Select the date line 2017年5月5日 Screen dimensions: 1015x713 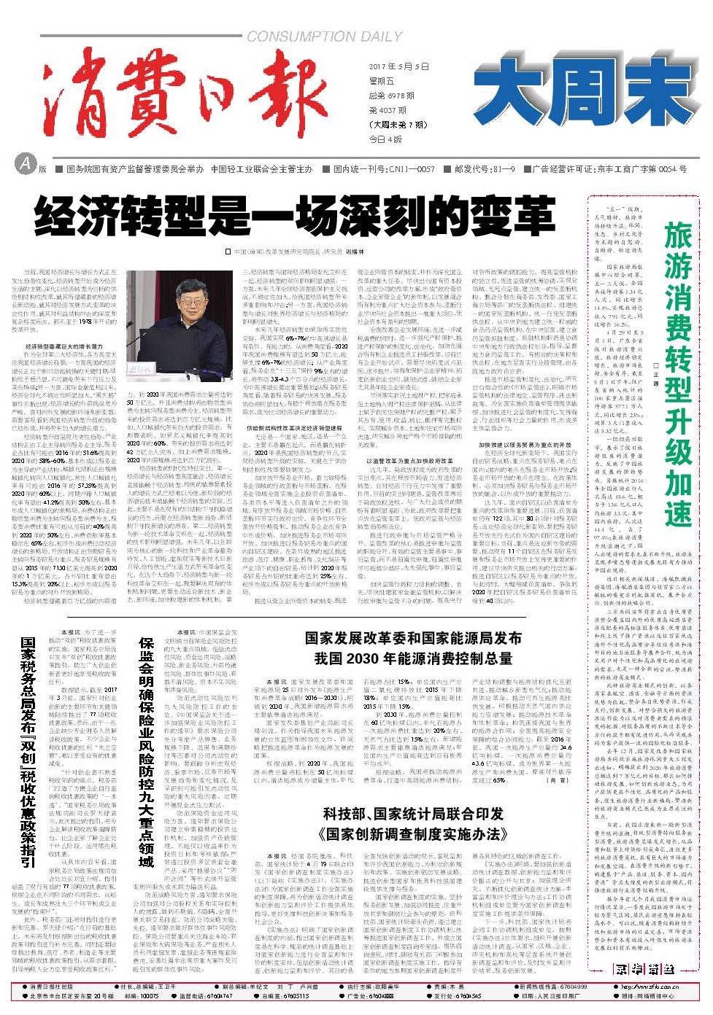398,66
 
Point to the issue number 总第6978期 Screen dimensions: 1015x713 391,96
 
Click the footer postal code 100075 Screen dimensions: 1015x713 149,995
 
